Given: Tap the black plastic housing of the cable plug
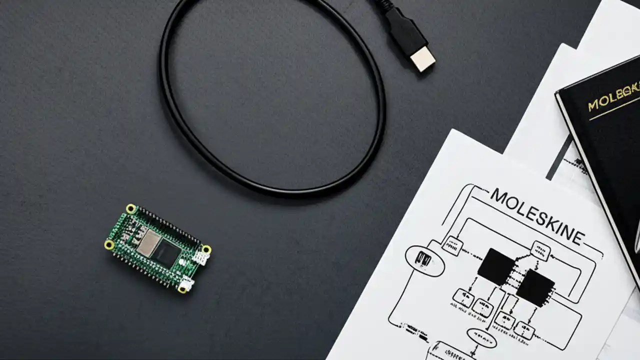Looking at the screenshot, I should (x=405, y=29).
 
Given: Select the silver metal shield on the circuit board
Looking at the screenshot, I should (x=148, y=243).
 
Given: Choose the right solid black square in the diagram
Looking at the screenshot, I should (x=535, y=287).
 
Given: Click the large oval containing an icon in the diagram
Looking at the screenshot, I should (x=424, y=260).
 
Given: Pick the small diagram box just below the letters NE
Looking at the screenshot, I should (x=540, y=250).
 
